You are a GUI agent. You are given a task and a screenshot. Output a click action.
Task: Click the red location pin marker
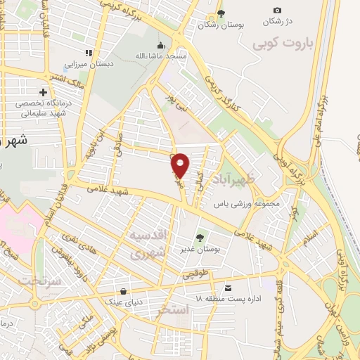tap(181, 165)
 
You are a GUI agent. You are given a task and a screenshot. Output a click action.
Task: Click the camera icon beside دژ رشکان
tap(277, 10)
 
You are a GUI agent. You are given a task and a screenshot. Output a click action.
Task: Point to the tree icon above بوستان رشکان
tap(221, 13)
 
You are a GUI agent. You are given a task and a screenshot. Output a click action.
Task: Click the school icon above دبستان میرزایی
tap(89, 53)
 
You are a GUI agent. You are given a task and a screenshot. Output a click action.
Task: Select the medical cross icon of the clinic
tap(44, 92)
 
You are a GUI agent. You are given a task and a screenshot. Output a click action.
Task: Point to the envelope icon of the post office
tap(228, 288)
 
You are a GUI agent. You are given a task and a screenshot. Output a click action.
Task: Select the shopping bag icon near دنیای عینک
tap(124, 290)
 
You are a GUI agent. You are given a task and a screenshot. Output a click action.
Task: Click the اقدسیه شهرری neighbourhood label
tap(148, 243)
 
